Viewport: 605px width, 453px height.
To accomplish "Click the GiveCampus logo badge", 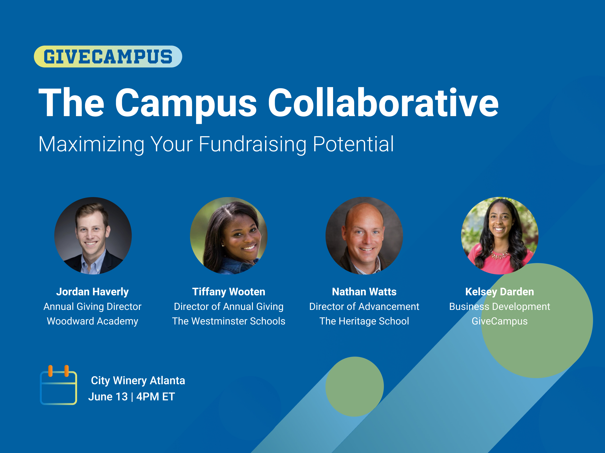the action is pos(108,57).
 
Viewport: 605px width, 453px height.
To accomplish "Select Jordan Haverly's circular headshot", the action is pos(93,236).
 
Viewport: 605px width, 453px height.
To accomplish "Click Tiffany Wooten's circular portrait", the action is pos(229,236).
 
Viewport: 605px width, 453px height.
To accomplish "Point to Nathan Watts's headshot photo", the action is pos(364,236).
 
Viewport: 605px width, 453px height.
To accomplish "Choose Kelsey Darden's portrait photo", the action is pos(500,236).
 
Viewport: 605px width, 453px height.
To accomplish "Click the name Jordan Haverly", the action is pos(92,292).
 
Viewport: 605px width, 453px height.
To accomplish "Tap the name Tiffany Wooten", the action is pos(229,292).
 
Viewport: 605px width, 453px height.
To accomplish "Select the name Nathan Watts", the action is pos(364,292).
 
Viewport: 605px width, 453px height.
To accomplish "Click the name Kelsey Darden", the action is pos(500,292).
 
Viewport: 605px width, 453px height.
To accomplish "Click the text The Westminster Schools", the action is pos(229,321).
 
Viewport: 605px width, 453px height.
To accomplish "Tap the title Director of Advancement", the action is pos(364,307).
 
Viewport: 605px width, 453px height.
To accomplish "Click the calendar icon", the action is pos(58,385).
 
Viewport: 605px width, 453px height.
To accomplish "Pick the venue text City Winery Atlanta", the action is pos(138,381).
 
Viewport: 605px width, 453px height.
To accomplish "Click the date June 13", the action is pos(108,397).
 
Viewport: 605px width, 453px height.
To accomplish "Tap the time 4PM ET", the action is pos(156,397).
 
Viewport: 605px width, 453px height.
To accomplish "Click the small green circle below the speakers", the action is pos(355,387).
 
